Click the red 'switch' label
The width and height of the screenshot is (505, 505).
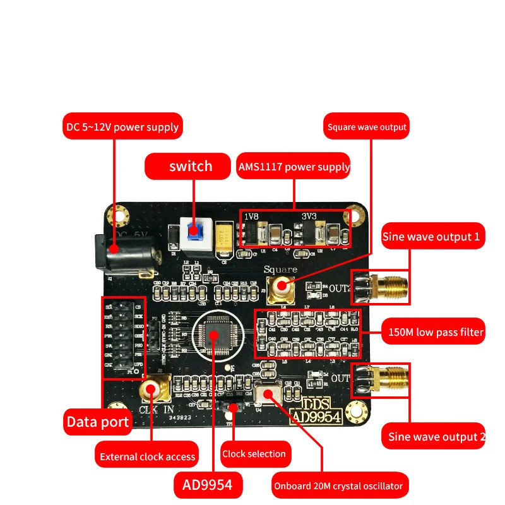point(190,167)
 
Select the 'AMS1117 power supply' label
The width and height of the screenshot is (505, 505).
point(294,167)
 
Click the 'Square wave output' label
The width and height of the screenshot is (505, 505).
point(366,127)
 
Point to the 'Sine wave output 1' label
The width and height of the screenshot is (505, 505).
point(433,237)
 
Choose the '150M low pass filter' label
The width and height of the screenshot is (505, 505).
point(436,331)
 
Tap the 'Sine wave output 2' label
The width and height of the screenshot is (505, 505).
point(433,436)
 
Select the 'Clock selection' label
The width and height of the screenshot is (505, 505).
point(254,453)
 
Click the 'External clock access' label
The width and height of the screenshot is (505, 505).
point(148,456)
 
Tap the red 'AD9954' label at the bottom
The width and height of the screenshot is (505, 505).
point(208,485)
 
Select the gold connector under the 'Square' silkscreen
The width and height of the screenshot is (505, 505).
point(281,287)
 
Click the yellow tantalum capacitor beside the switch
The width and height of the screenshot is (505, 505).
point(224,238)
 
